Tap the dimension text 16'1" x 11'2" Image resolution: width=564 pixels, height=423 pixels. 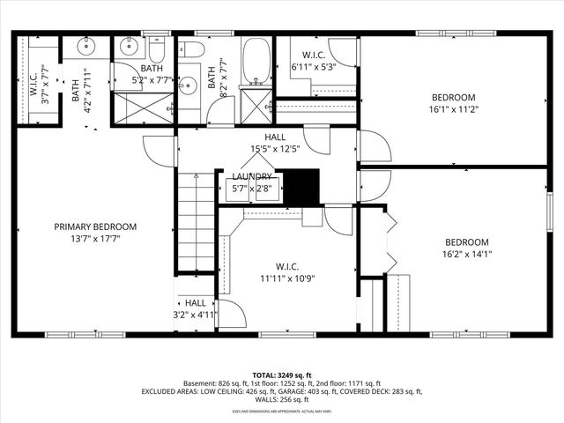click(x=453, y=110)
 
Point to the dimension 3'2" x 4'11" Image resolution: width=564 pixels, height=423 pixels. click(x=195, y=314)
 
